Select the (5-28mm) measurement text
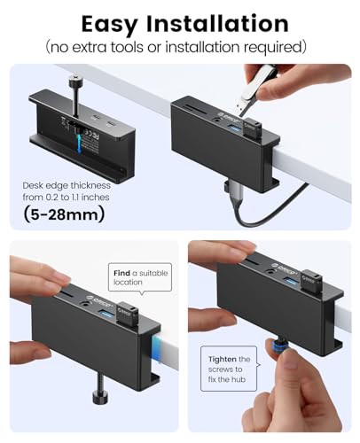pos(70,214)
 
